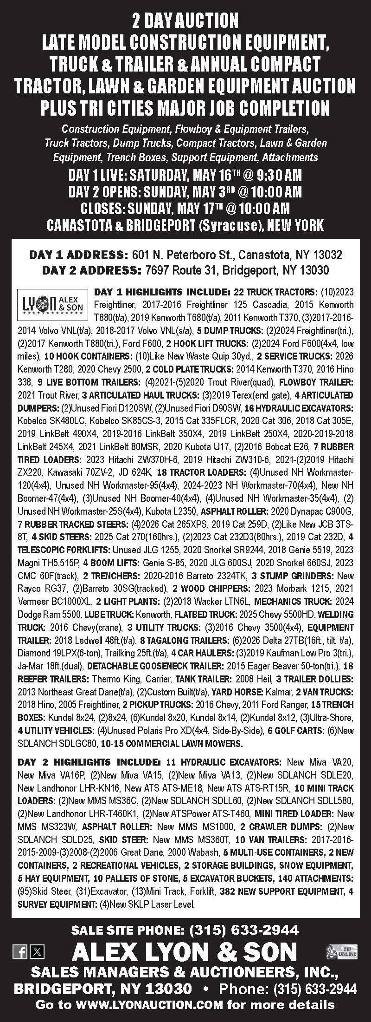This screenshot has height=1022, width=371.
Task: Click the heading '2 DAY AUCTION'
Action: pyautogui.click(x=185, y=20)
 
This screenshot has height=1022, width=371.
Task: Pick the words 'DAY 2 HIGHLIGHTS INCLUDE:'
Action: pyautogui.click(x=89, y=762)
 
